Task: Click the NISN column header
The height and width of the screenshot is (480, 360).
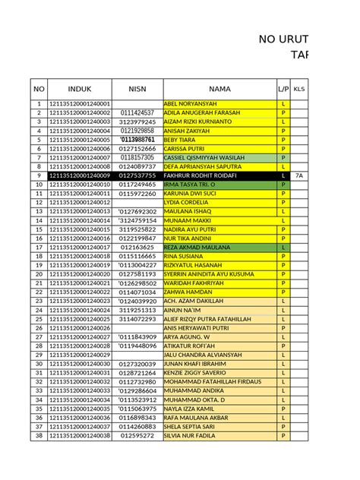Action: [x=137, y=88]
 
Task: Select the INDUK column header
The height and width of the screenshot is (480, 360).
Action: [x=79, y=88]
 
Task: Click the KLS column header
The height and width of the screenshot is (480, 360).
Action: [x=299, y=88]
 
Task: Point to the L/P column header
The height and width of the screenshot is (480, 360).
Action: [x=283, y=88]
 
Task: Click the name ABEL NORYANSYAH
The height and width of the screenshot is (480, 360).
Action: [x=191, y=103]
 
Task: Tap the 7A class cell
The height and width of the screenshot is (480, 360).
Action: [x=299, y=175]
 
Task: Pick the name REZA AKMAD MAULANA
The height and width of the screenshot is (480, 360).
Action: [x=196, y=248]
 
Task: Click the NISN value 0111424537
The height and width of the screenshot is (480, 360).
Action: [x=137, y=112]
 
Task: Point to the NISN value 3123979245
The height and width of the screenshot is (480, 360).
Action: [x=137, y=122]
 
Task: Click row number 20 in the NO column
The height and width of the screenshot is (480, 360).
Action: [x=38, y=274]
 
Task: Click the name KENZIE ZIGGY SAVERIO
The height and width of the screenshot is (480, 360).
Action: [x=194, y=373]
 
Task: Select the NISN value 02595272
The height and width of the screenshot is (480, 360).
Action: [x=137, y=436]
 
